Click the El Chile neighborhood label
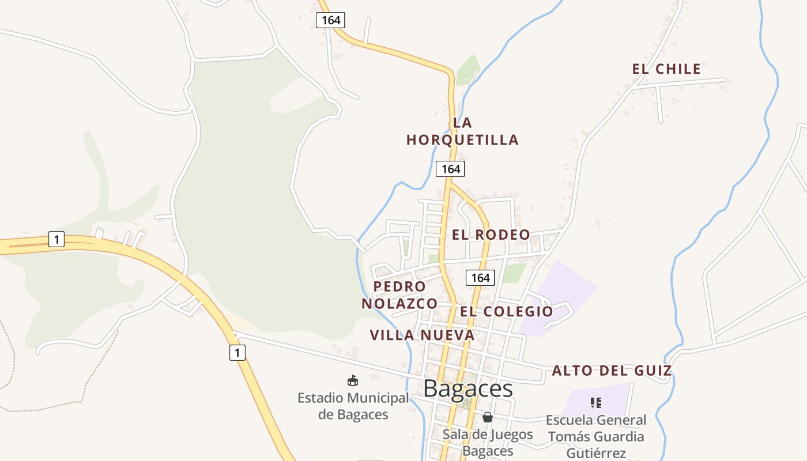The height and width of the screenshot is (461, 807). (666, 69)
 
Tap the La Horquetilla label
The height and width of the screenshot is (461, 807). (462, 131)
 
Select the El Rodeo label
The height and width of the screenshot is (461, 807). (491, 235)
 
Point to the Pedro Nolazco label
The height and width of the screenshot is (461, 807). (399, 295)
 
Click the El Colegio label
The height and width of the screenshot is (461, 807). (506, 312)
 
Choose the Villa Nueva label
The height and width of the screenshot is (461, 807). (422, 335)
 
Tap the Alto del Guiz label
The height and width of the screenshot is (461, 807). (612, 371)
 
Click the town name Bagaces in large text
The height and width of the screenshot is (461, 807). (468, 389)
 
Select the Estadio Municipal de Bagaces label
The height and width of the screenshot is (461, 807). (353, 406)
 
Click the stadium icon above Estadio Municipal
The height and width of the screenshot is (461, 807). (352, 380)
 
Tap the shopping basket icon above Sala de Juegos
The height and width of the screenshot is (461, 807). (488, 417)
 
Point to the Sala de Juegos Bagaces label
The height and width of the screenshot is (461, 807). (488, 442)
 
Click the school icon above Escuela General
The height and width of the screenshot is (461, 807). (596, 402)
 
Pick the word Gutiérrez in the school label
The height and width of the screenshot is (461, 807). (596, 453)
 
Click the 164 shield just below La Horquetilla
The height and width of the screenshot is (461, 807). (450, 169)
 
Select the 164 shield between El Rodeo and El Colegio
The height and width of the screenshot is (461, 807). (480, 278)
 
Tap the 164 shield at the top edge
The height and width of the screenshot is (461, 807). (331, 20)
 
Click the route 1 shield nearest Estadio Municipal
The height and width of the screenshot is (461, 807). (237, 352)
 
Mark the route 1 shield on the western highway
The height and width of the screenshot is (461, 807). (56, 239)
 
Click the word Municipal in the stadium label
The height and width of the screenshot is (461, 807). (377, 398)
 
